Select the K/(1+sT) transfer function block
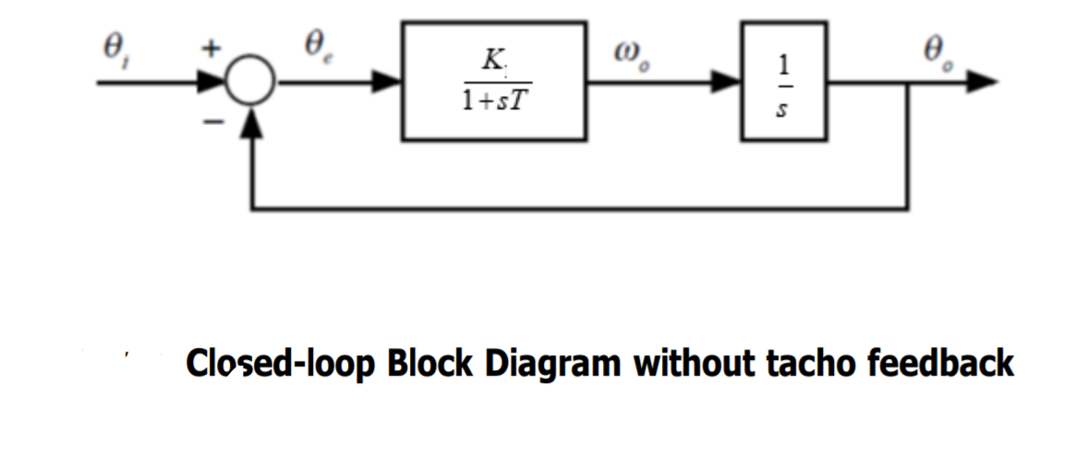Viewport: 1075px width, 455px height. pos(493,81)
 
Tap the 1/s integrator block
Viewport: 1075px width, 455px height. pos(782,81)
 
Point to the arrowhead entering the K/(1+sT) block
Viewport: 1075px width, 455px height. pos(387,82)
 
